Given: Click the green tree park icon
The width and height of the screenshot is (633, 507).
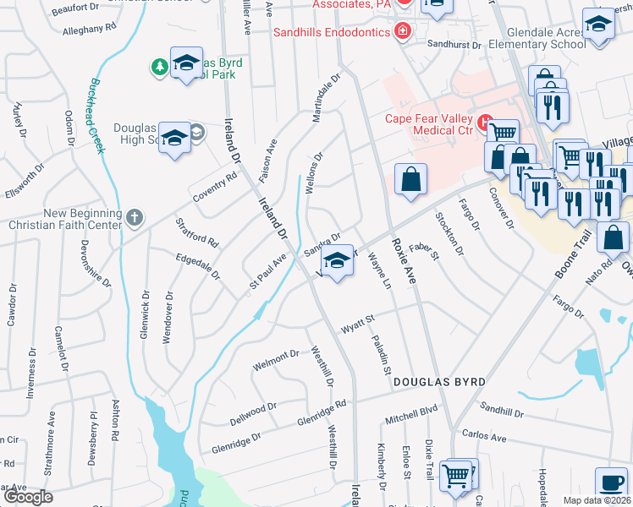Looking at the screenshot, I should pos(158,67).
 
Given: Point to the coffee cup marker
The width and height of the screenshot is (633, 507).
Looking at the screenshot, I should pos(610,482).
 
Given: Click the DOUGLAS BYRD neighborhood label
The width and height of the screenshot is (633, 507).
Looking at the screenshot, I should pos(439,382).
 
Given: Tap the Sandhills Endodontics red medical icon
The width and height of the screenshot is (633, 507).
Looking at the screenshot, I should pos(404,32).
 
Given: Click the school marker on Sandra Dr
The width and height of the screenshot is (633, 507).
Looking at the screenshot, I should pos(337,263).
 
